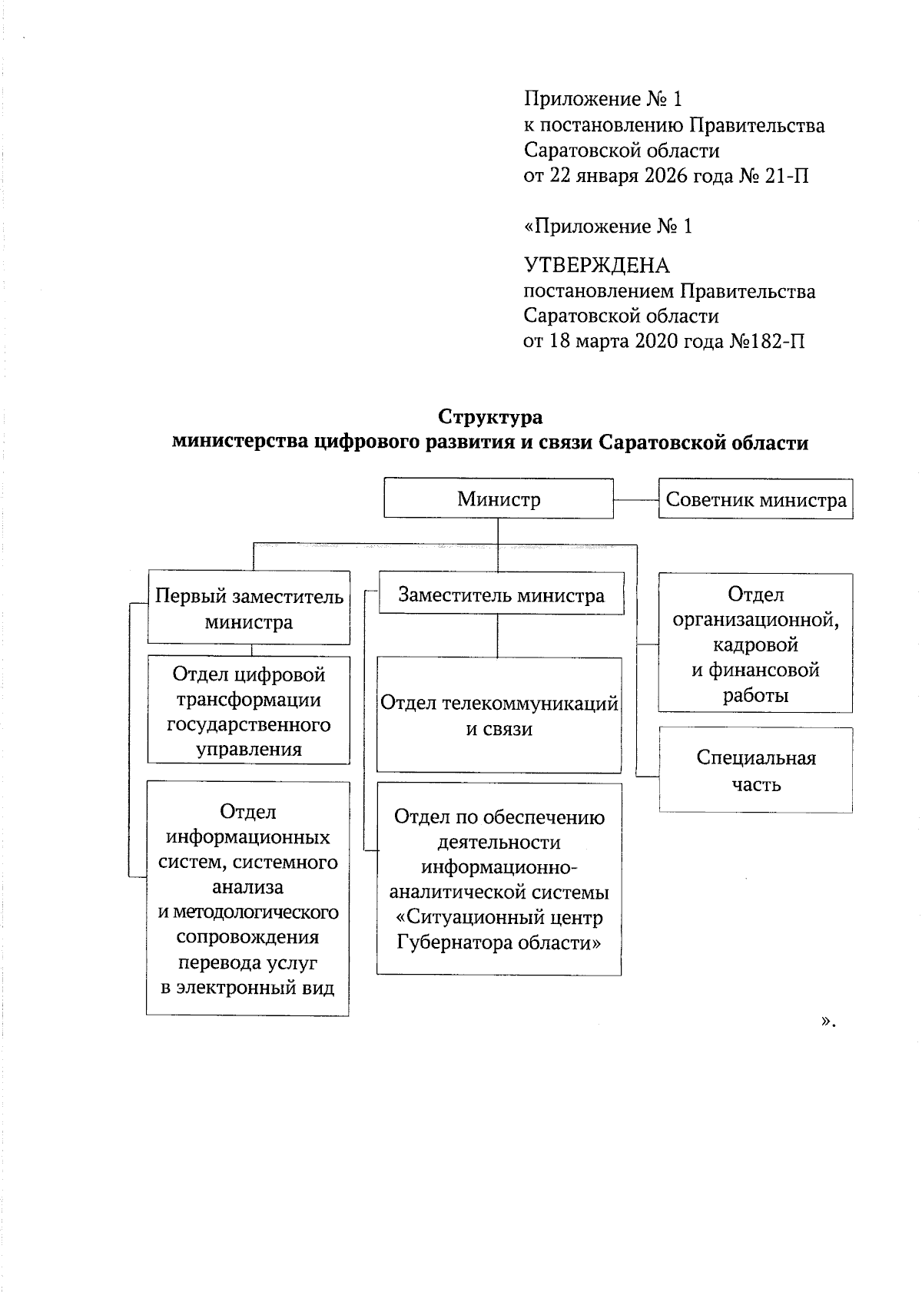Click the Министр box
(499, 499)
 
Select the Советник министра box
(756, 500)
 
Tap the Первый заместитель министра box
(249, 608)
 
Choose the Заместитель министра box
(501, 595)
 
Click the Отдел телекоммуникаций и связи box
(499, 715)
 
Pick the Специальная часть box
(756, 770)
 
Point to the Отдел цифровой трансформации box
(249, 710)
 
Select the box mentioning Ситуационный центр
(499, 879)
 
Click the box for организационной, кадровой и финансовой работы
(756, 644)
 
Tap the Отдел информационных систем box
(247, 899)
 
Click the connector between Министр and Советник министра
(636, 500)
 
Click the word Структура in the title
(490, 417)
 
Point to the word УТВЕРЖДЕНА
(596, 266)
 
